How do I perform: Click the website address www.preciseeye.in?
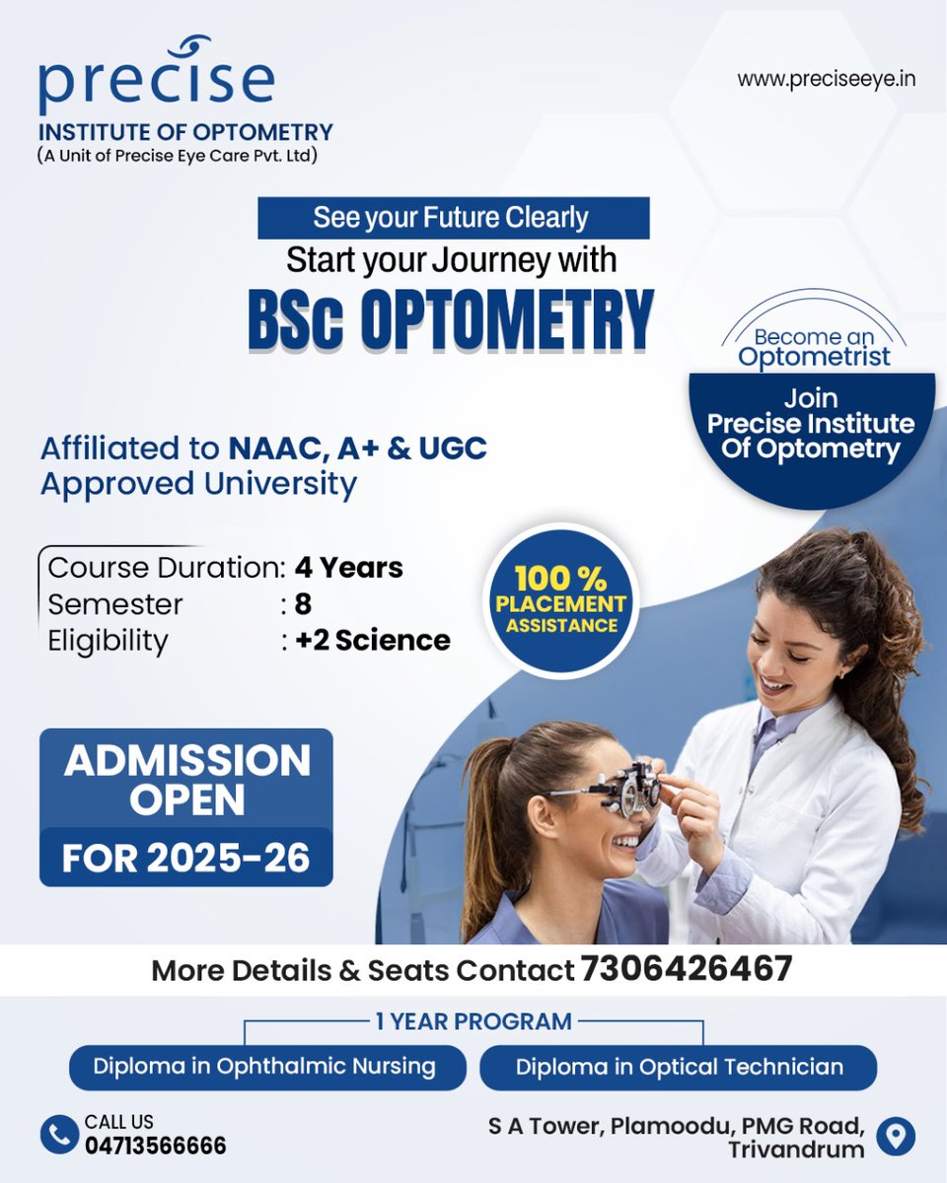[x=826, y=78]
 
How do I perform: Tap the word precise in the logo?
[x=156, y=83]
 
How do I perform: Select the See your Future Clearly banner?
[x=453, y=218]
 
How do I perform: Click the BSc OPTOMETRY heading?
[x=451, y=319]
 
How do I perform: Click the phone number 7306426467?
[x=687, y=969]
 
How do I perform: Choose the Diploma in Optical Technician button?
[x=679, y=1067]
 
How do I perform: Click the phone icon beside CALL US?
[x=59, y=1134]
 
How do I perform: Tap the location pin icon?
[x=896, y=1136]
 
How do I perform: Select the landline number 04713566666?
[x=155, y=1146]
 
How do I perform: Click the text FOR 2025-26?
[x=186, y=858]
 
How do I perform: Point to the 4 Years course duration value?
[x=349, y=568]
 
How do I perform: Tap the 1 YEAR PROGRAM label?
[x=473, y=1021]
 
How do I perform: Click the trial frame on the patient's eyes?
[x=617, y=789]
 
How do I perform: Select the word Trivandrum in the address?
[x=796, y=1149]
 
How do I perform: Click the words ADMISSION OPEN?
[x=186, y=780]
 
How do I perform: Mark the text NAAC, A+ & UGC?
[x=358, y=449]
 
